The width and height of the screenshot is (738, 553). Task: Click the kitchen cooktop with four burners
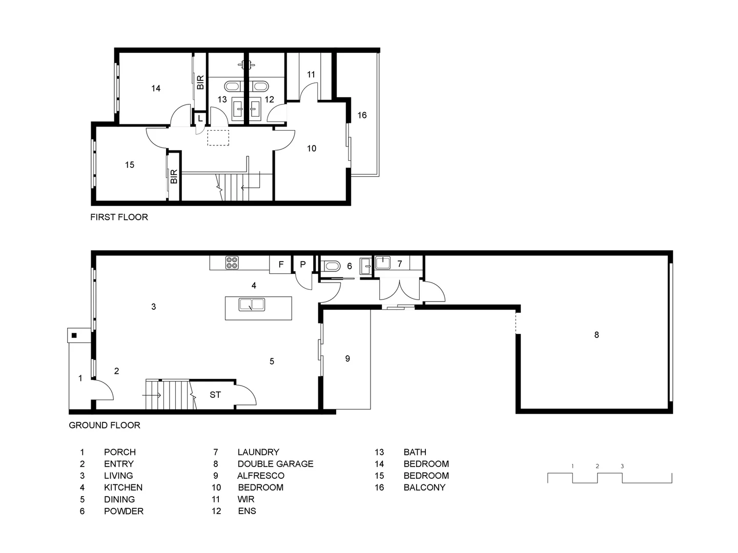[x=232, y=263]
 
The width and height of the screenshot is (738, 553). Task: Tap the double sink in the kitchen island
[x=252, y=305]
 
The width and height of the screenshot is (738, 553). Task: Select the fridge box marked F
[x=281, y=265]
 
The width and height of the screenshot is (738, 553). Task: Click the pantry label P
[x=303, y=265]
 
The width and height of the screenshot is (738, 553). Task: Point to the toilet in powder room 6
[x=330, y=267]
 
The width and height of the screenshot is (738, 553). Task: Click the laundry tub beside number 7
[x=383, y=263]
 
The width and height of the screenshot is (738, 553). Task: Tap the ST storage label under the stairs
[x=215, y=395]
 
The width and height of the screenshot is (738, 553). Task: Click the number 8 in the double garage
[x=597, y=335]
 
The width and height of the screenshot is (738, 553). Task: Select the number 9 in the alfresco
[x=347, y=358]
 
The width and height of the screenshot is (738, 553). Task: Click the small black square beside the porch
[x=74, y=335]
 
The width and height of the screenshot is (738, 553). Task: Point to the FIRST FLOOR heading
[x=119, y=217]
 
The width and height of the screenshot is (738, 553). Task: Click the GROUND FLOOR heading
[x=105, y=426]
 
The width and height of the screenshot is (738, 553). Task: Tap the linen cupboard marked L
[x=200, y=118]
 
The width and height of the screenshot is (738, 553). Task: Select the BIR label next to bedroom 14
[x=200, y=82]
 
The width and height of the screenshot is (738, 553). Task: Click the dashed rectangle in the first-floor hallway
[x=218, y=138]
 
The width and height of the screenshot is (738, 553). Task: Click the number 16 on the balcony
[x=362, y=115]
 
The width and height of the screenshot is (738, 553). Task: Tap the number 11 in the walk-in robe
[x=311, y=74]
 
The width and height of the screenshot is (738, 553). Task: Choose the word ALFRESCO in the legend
[x=261, y=476]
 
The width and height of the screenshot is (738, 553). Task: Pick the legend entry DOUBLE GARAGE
[x=275, y=464]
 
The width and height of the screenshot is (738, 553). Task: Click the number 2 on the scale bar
[x=597, y=466]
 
